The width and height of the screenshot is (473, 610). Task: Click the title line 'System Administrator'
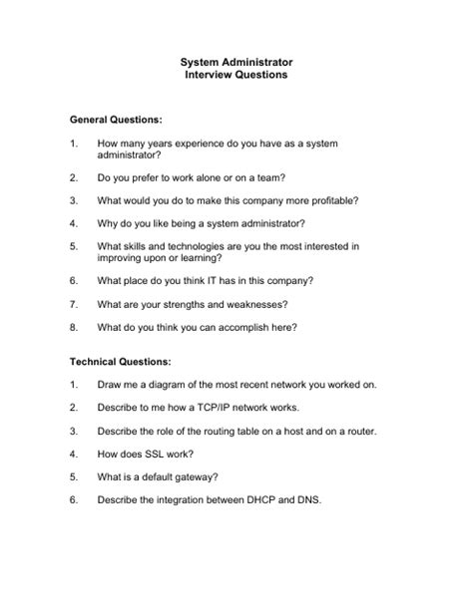[236, 62]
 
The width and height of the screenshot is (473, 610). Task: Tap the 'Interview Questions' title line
[236, 75]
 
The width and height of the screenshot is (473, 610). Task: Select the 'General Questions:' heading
[116, 119]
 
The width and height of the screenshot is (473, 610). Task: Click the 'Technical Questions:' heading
[120, 361]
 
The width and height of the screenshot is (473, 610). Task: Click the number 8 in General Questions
[73, 326]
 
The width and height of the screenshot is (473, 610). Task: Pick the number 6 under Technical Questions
[73, 499]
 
